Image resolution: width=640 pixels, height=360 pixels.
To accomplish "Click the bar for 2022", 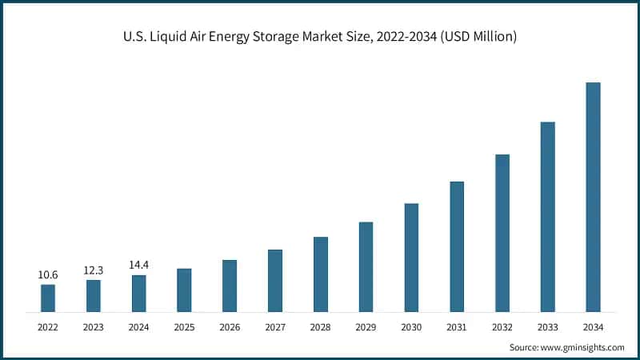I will point(48,298).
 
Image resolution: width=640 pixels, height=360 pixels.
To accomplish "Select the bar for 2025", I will point(184,290).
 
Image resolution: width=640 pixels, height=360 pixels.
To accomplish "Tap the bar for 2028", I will point(320,274).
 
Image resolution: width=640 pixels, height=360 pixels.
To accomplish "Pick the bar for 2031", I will point(457,246).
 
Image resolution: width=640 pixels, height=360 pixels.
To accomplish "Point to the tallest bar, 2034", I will point(593,197).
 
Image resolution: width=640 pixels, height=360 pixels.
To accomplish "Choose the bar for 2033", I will point(547,216).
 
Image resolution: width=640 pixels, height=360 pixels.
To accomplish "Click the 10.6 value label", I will point(48,275).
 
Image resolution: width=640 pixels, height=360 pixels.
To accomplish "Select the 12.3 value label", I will point(94,270).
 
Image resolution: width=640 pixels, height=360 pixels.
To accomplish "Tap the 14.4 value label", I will point(139,266).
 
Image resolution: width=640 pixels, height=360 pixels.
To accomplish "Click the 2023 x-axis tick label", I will point(94,326).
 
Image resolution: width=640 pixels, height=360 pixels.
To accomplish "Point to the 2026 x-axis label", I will point(230,326).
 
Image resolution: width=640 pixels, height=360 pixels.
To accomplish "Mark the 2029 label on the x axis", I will point(366,326).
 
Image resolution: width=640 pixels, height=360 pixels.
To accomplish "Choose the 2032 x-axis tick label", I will point(502,326).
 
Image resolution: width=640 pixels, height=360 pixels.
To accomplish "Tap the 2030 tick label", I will point(411,326).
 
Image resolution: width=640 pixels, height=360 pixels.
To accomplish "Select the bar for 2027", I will point(275,280).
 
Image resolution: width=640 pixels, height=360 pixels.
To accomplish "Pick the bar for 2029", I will point(366,266).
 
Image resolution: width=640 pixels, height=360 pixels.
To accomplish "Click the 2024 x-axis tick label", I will point(139,326).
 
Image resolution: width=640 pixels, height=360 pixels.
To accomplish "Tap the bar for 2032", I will point(502,233).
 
